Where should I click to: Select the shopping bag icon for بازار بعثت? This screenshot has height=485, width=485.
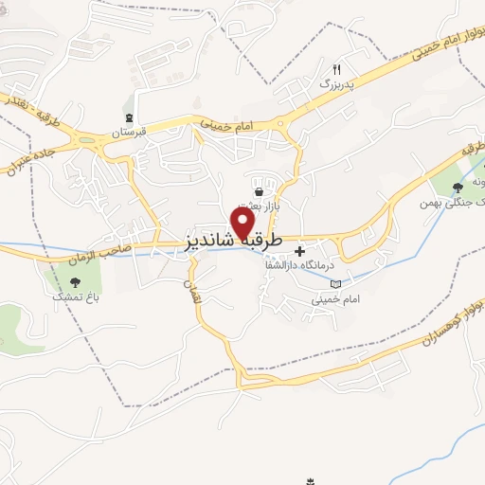pyautogui.click(x=258, y=191)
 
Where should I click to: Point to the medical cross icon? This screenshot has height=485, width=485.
pyautogui.click(x=301, y=252)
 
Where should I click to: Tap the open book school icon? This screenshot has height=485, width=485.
pyautogui.click(x=333, y=282)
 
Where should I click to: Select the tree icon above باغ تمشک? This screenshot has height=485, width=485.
pyautogui.click(x=75, y=280)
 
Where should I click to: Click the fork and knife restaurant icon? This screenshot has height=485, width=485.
pyautogui.click(x=335, y=69)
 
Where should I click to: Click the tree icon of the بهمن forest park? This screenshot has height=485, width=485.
pyautogui.click(x=458, y=187)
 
